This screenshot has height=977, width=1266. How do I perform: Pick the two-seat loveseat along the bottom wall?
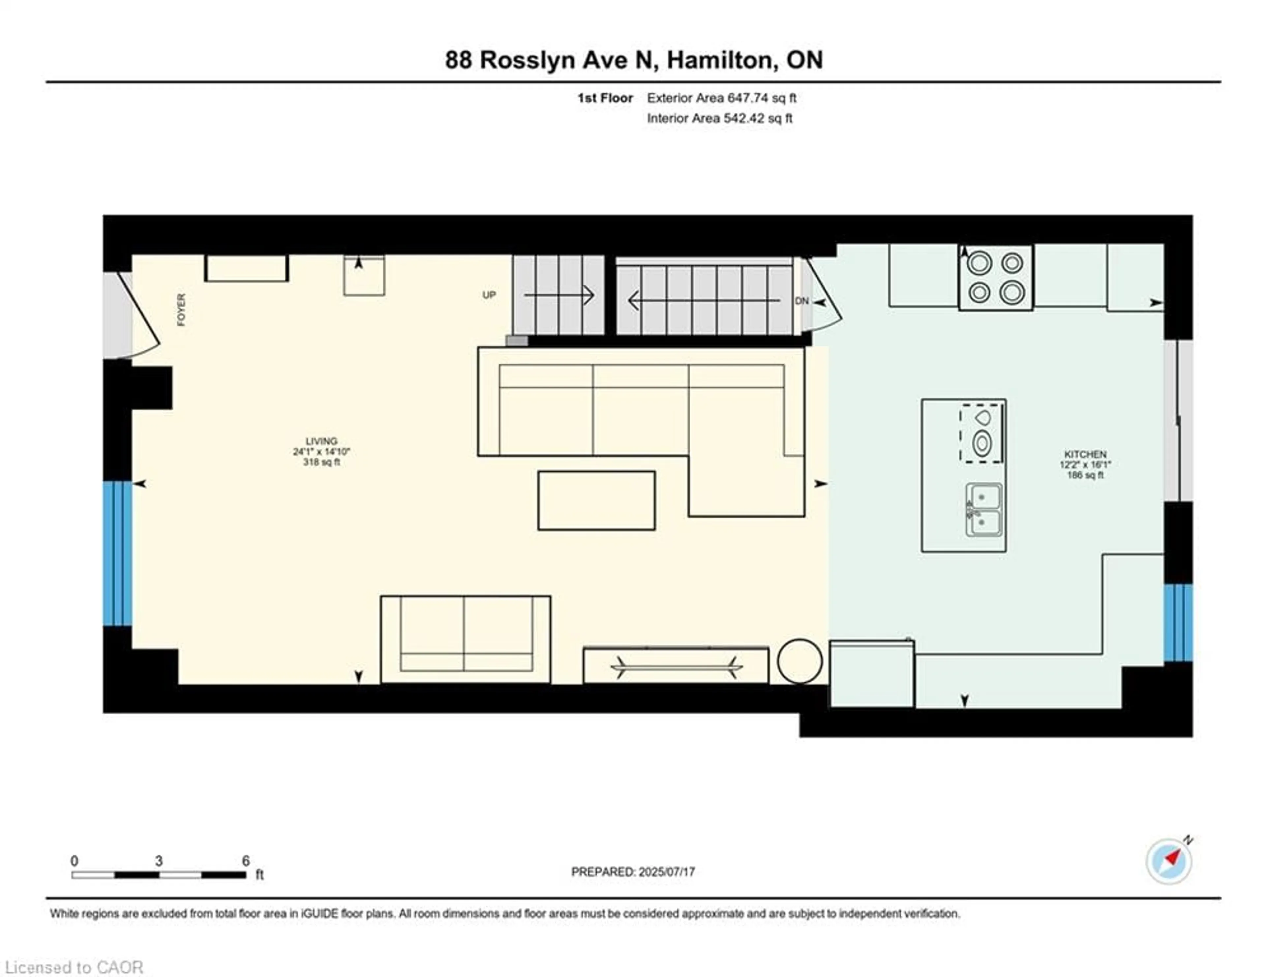466,639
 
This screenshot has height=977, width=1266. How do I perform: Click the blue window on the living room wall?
118,553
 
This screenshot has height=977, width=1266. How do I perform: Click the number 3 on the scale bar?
159,861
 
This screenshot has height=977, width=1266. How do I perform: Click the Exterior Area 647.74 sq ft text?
721,98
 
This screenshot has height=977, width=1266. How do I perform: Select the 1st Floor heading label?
605,98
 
